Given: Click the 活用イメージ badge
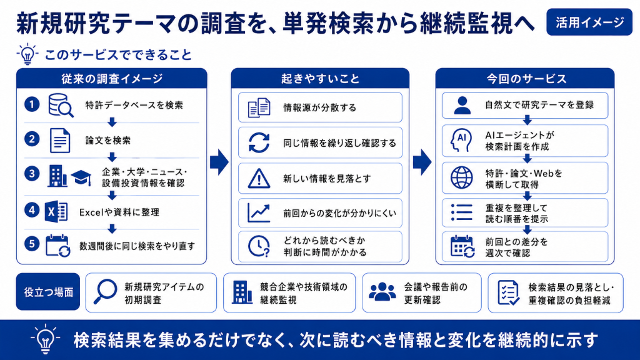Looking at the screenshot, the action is click(x=589, y=22).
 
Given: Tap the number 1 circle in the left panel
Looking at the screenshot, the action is click(x=32, y=104).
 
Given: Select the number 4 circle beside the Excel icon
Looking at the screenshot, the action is click(x=32, y=210).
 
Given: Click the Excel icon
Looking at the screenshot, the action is click(x=56, y=212).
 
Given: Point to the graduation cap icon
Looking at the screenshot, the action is click(x=81, y=177).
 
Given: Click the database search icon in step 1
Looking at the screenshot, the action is click(x=61, y=105).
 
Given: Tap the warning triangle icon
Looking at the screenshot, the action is click(x=259, y=179).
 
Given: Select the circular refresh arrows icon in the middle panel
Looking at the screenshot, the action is click(x=259, y=143).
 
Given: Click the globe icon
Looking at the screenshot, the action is click(x=462, y=177).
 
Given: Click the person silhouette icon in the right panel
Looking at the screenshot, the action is click(x=462, y=105).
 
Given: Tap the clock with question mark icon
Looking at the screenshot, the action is click(x=259, y=246).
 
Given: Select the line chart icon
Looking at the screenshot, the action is click(x=259, y=213).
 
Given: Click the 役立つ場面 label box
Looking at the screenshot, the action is click(x=48, y=292).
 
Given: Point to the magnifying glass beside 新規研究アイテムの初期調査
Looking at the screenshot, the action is click(x=105, y=291).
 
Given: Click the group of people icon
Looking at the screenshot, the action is click(x=382, y=292).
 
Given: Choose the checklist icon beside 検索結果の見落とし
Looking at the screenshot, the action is click(x=509, y=292).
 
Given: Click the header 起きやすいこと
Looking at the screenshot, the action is click(x=320, y=78).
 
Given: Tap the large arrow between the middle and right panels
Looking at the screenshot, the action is click(x=422, y=162).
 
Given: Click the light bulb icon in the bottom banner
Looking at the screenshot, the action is click(x=45, y=339).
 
